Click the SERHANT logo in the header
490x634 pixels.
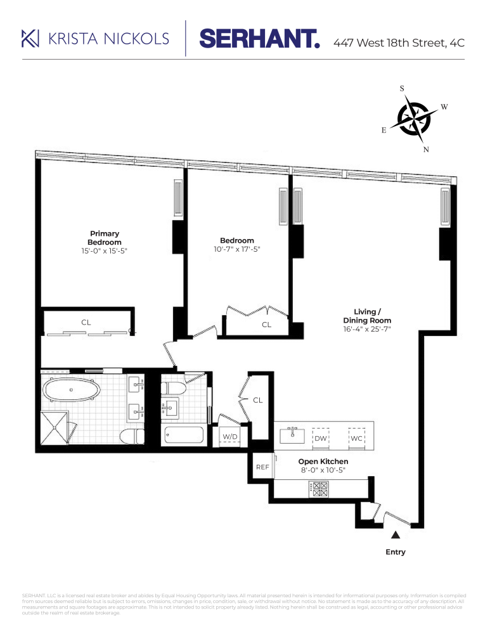(259, 39)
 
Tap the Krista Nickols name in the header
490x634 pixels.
(109, 39)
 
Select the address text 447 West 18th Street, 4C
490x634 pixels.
(399, 43)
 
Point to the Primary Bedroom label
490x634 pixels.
(104, 238)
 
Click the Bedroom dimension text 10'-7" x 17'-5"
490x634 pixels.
(237, 249)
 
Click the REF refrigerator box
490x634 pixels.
(262, 467)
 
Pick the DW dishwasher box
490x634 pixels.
(321, 438)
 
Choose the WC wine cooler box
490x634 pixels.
(356, 438)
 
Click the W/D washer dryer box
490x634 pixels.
(229, 437)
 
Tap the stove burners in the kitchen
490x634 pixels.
(318, 489)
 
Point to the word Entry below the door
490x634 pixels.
(396, 552)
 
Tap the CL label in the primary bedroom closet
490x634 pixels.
(86, 322)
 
